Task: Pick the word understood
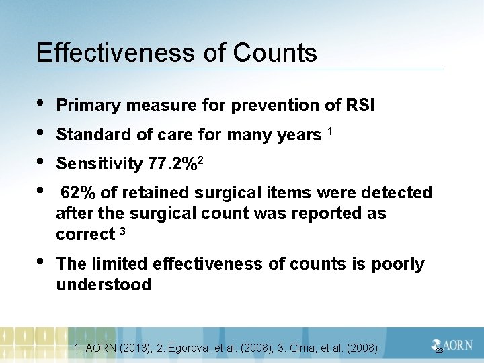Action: tap(104, 285)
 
